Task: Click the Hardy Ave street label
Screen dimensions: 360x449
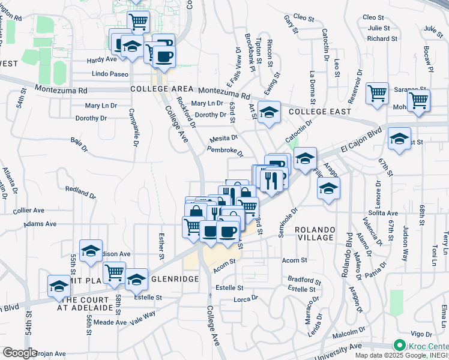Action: tap(101, 60)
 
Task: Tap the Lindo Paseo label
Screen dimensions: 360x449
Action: tap(110, 74)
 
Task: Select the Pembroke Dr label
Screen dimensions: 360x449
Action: tap(224, 152)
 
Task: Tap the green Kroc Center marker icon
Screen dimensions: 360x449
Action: tap(399, 346)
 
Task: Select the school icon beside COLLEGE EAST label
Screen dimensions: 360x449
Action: tap(270, 112)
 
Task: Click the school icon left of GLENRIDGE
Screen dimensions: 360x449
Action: tap(136, 279)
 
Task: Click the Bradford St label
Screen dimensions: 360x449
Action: tap(304, 280)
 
